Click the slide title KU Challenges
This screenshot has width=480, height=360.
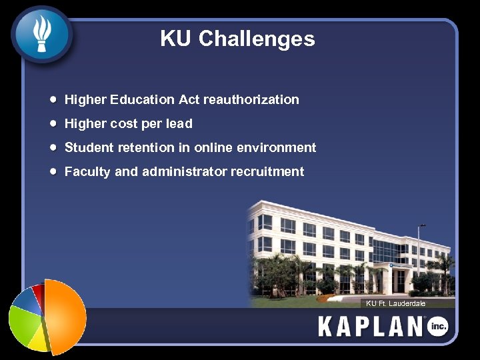237,39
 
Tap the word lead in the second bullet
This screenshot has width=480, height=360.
179,124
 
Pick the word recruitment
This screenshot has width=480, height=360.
267,172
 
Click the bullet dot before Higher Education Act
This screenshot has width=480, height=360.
53,100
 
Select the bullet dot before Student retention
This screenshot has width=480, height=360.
53,147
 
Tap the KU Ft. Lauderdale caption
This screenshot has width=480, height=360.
395,303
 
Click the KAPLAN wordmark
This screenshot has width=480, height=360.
371,327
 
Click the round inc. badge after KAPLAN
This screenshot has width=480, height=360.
438,327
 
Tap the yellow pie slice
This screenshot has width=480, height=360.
37,340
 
